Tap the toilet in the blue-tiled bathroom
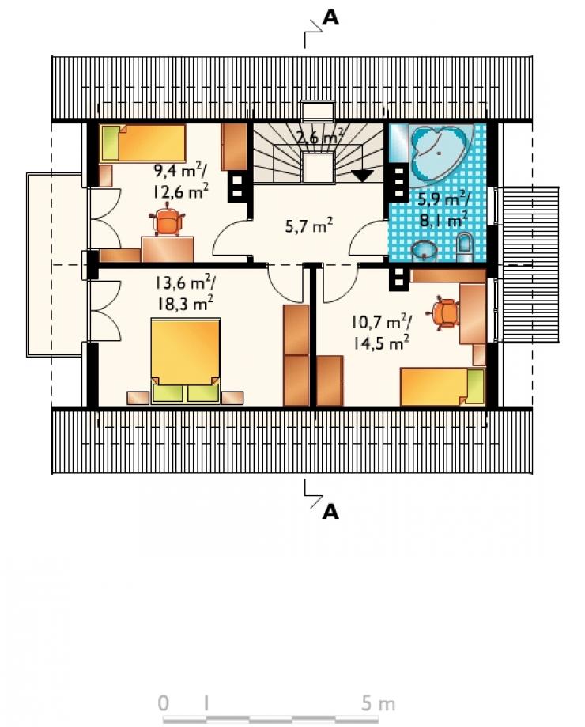point(464,247)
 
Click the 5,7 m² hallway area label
point(309,225)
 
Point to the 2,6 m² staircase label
point(320,136)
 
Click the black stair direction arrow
point(362,176)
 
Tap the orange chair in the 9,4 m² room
point(167,222)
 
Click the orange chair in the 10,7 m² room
point(446,313)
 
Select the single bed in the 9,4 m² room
point(142,142)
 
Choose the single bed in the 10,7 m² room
point(443,387)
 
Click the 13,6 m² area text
point(184,282)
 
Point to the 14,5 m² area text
point(381,343)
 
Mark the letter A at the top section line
point(330,17)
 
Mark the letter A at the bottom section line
point(330,512)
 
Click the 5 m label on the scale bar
point(378,703)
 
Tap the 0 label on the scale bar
point(164,703)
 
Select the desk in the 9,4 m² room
point(168,249)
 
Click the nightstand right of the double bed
point(232,398)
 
